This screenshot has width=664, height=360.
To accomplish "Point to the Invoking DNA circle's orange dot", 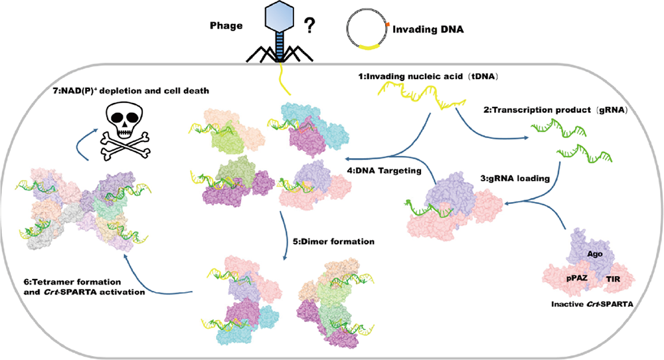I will coord(386,24).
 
